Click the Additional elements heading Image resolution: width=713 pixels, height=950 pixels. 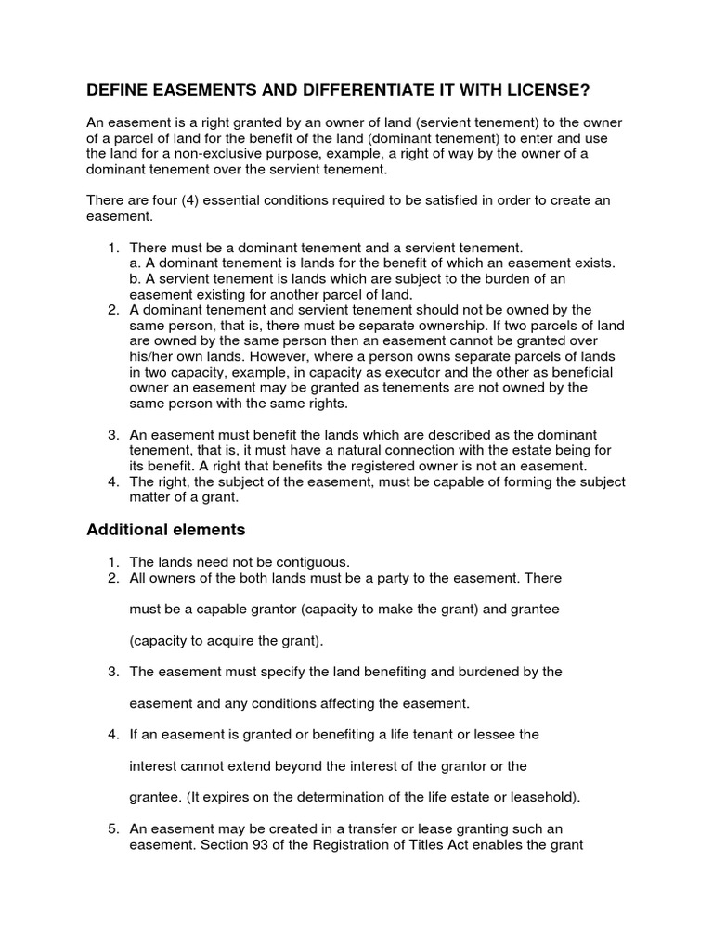click(165, 530)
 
